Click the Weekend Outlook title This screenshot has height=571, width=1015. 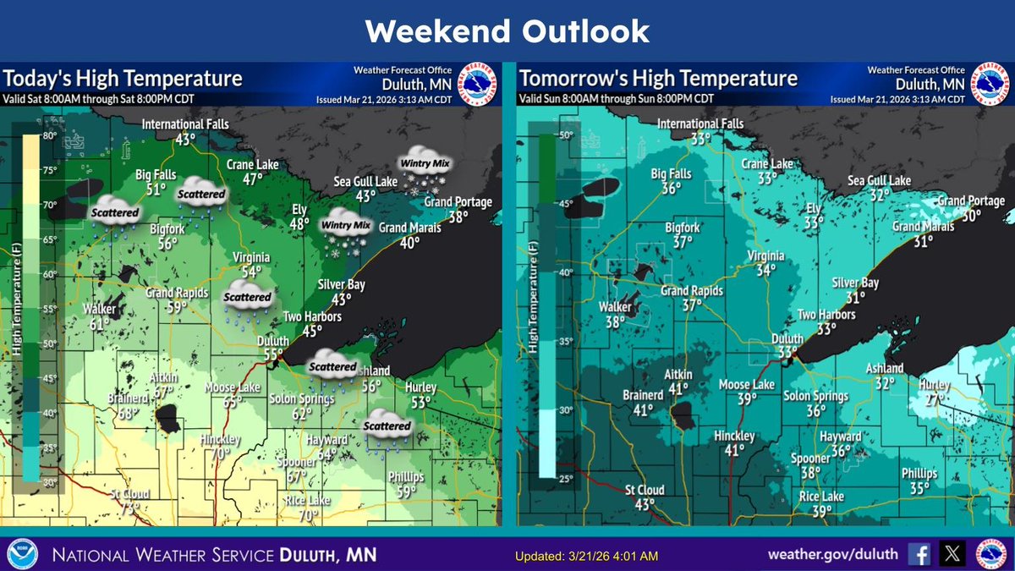click(507, 31)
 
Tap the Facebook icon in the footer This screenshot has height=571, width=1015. click(919, 554)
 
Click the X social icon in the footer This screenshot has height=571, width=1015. click(952, 554)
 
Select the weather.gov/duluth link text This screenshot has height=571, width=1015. click(834, 555)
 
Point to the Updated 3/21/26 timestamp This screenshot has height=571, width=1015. click(586, 556)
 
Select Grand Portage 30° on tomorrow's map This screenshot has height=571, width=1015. click(970, 208)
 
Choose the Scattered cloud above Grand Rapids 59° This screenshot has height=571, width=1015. click(248, 303)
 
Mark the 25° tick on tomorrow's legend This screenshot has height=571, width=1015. click(565, 479)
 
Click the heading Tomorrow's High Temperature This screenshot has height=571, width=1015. click(658, 79)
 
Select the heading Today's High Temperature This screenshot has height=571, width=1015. click(123, 79)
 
